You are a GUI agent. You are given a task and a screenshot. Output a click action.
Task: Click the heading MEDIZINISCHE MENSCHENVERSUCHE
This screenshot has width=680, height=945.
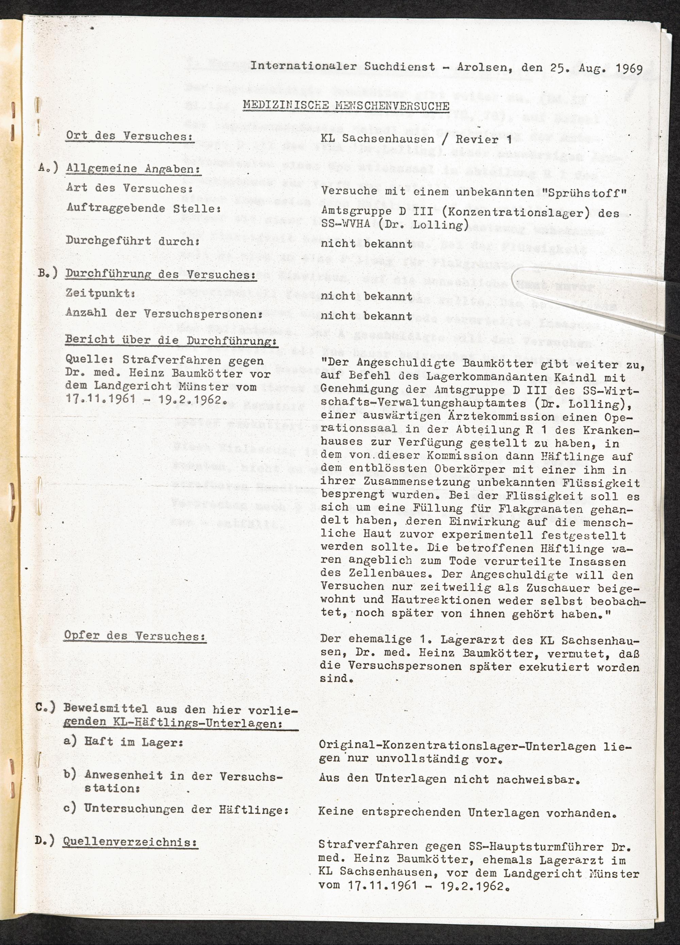346,105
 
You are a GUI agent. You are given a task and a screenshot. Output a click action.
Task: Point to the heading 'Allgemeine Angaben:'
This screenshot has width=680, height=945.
133,169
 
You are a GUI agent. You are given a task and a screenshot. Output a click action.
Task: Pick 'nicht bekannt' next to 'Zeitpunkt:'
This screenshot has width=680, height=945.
366,296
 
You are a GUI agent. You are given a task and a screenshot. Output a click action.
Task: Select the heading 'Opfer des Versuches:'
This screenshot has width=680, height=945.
135,636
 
